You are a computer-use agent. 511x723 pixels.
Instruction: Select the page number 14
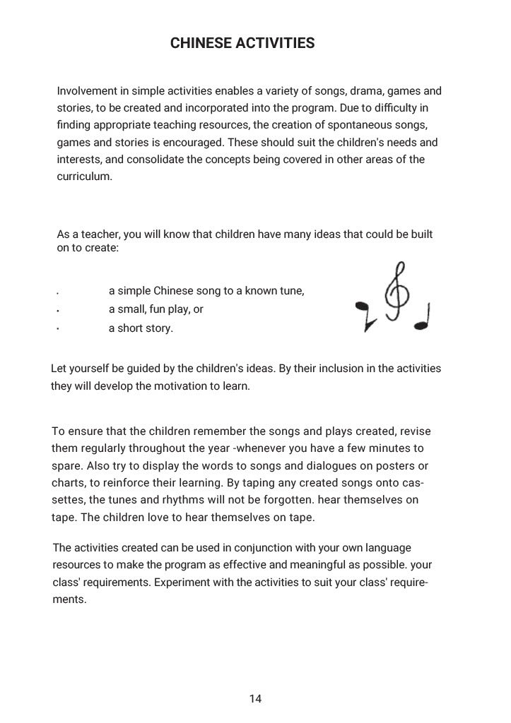(x=255, y=699)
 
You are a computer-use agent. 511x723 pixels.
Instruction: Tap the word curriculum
(x=83, y=176)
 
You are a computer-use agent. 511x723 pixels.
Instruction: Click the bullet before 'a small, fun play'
(x=57, y=310)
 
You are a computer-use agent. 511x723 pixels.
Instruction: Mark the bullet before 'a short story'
(x=57, y=328)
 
